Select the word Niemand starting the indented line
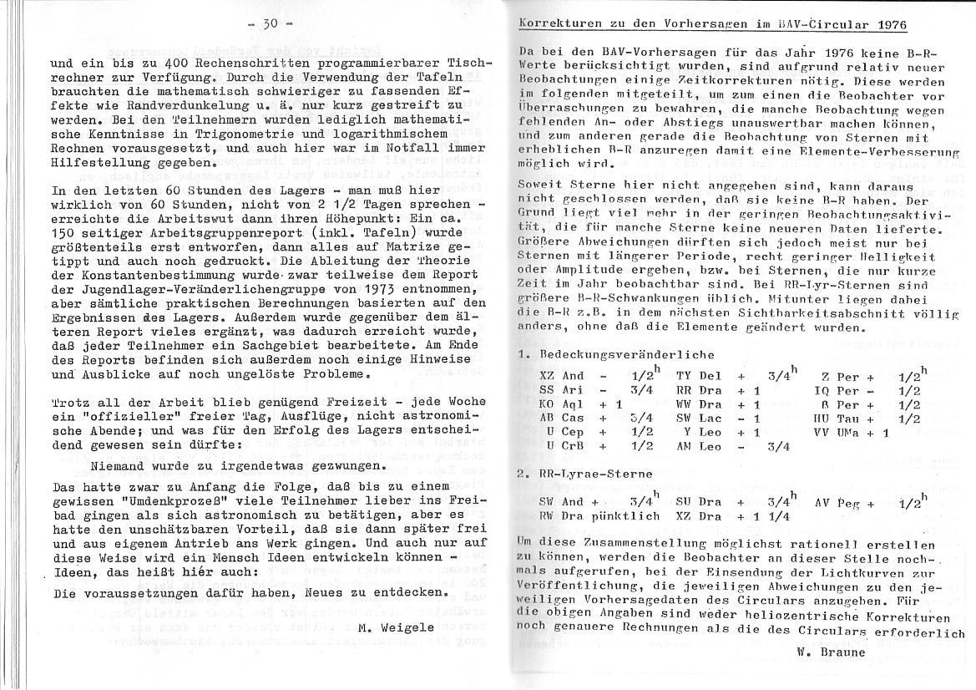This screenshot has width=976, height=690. coord(119,465)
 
